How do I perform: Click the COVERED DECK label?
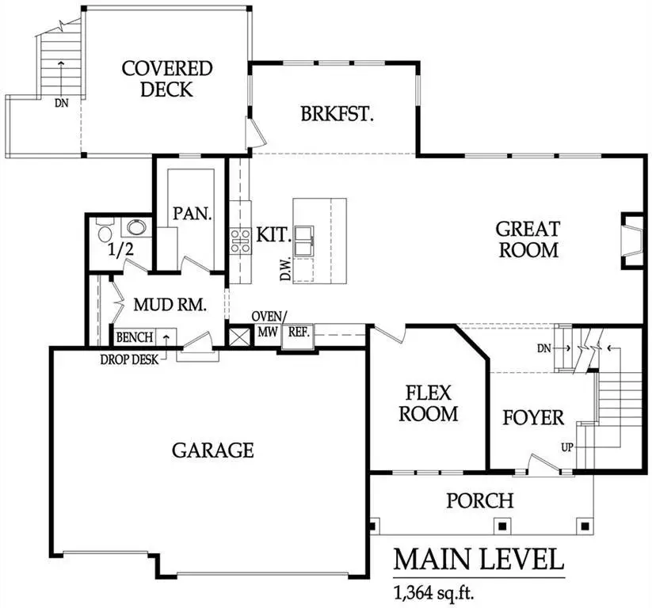pos(166,78)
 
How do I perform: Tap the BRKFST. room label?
pos(337,114)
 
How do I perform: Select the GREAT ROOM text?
pos(528,239)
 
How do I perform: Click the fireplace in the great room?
pos(632,241)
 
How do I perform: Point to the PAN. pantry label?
pos(193,214)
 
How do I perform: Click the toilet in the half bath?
pos(104,232)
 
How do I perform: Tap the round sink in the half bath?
pos(137,229)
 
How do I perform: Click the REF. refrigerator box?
pos(298,333)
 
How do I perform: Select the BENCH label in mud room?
pos(134,338)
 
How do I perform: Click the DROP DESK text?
pos(129,359)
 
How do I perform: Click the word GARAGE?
pos(213,450)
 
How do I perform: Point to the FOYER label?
pos(533,417)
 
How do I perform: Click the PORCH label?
pos(479,500)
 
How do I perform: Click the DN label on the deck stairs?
pos(61,102)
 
